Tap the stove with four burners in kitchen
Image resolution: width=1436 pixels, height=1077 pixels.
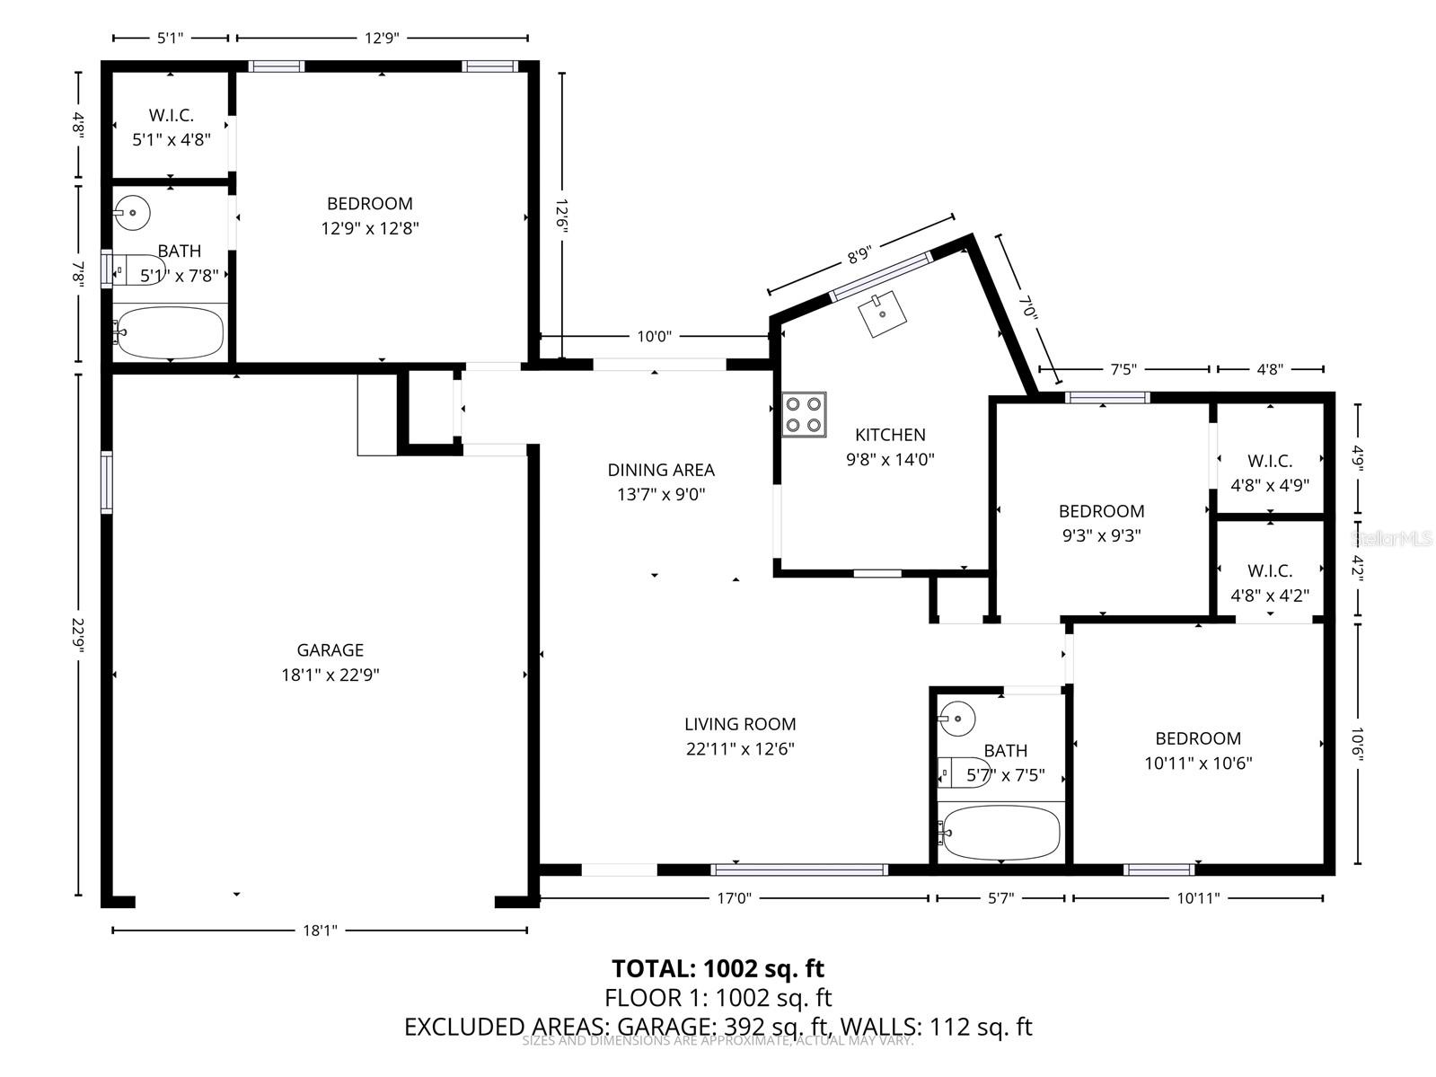804,415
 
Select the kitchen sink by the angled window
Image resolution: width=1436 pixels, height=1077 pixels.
882,313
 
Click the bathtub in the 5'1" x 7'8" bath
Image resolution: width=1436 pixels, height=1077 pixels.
169,332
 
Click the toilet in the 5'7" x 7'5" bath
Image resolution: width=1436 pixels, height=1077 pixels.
963,772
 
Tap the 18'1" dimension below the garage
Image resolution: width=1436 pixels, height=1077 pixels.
319,931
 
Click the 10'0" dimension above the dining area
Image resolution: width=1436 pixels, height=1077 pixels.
654,337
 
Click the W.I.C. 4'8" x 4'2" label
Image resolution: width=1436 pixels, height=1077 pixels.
1269,583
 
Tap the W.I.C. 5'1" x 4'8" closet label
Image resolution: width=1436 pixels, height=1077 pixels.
171,128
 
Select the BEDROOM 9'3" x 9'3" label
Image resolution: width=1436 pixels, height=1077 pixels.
1101,523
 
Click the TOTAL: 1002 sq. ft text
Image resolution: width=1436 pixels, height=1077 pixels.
718,968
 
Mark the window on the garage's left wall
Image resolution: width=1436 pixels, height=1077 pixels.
107,481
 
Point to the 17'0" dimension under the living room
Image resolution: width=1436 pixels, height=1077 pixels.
734,897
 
